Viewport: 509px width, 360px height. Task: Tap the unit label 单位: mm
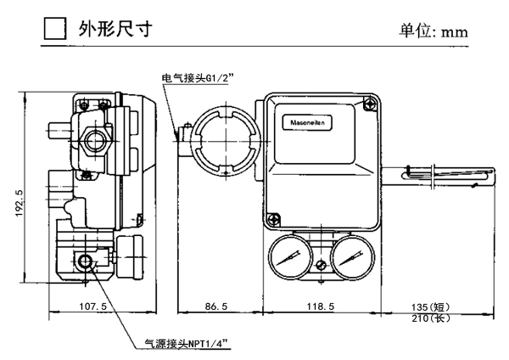[x=433, y=31]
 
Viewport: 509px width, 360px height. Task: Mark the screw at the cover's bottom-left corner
[x=271, y=219]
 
